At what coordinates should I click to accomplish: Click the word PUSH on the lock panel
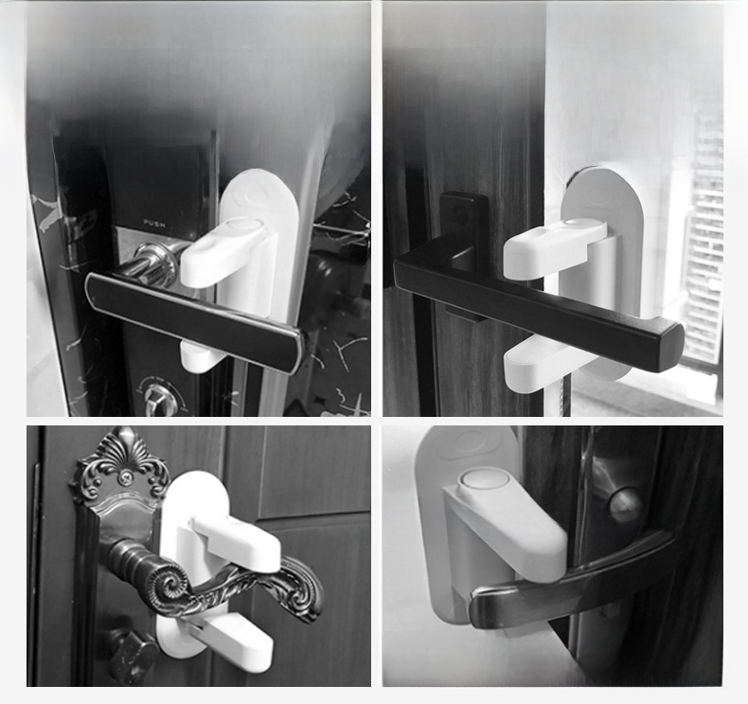(x=154, y=223)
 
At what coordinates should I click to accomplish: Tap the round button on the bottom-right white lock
(x=483, y=480)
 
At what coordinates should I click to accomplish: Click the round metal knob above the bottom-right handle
(x=626, y=504)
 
